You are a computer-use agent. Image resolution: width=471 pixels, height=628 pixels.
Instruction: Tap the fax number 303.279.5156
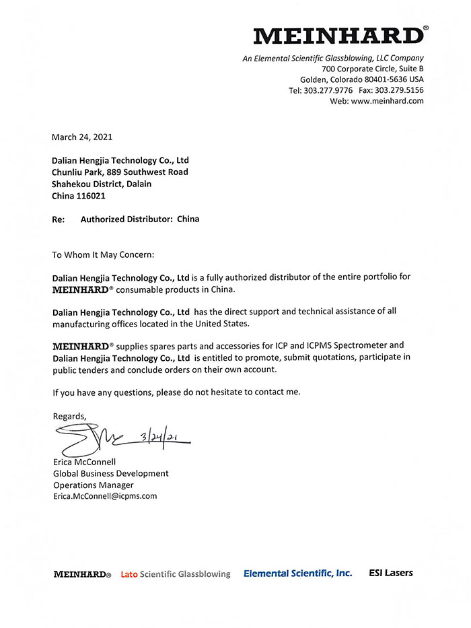[399, 90]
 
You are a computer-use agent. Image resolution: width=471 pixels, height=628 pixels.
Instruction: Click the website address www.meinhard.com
[387, 101]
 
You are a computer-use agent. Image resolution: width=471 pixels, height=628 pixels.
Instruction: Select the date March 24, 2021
[82, 137]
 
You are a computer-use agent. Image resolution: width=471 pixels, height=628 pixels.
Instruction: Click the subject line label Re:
[59, 219]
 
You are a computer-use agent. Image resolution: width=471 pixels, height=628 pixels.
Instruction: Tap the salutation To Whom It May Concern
[103, 255]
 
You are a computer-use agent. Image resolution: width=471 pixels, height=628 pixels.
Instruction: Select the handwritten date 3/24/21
[161, 438]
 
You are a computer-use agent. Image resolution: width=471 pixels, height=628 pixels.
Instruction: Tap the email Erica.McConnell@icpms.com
[104, 496]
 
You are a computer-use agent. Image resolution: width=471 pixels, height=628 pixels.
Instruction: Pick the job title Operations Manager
[93, 485]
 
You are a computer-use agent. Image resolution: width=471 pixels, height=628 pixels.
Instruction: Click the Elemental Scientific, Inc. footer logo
[297, 573]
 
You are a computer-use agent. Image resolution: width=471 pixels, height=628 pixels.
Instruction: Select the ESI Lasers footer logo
[391, 573]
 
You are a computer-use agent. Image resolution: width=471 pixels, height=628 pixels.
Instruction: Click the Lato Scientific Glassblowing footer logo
[175, 574]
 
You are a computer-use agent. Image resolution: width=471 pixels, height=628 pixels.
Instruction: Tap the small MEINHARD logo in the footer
[82, 574]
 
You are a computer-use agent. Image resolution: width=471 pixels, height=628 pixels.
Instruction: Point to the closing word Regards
[69, 416]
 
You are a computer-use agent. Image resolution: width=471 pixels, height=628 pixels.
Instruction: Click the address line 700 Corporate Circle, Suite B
[372, 69]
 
